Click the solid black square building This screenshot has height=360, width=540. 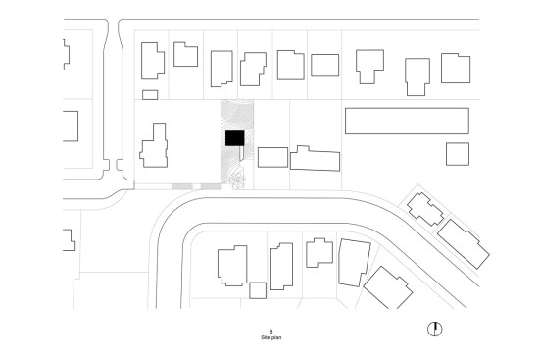pyautogui.click(x=235, y=138)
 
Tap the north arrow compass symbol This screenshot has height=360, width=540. pyautogui.click(x=434, y=329)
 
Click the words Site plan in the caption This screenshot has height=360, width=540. pyautogui.click(x=271, y=337)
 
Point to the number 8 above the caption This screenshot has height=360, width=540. pyautogui.click(x=271, y=332)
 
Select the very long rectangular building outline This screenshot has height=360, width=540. pyautogui.click(x=407, y=121)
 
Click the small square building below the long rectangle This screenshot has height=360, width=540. pyautogui.click(x=458, y=154)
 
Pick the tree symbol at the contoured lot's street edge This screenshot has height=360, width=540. pyautogui.click(x=238, y=180)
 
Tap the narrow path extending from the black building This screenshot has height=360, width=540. pyautogui.click(x=242, y=153)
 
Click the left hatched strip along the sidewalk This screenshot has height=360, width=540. pyautogui.click(x=182, y=186)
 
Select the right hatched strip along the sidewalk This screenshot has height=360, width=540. pyautogui.click(x=211, y=186)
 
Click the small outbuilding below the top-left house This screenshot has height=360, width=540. pyautogui.click(x=150, y=95)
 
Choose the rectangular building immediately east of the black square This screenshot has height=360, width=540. pyautogui.click(x=272, y=157)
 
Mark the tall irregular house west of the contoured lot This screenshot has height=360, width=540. pyautogui.click(x=154, y=145)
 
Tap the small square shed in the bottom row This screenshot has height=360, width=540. pyautogui.click(x=258, y=290)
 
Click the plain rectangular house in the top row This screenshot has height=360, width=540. pyautogui.click(x=324, y=65)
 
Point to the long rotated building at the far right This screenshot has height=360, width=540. pyautogui.click(x=464, y=243)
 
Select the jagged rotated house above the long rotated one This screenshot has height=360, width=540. pyautogui.click(x=425, y=209)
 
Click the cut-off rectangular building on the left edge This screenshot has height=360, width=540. pyautogui.click(x=71, y=126)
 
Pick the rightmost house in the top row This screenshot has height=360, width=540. pyautogui.click(x=456, y=68)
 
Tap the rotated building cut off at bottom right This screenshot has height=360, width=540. pyautogui.click(x=388, y=288)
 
